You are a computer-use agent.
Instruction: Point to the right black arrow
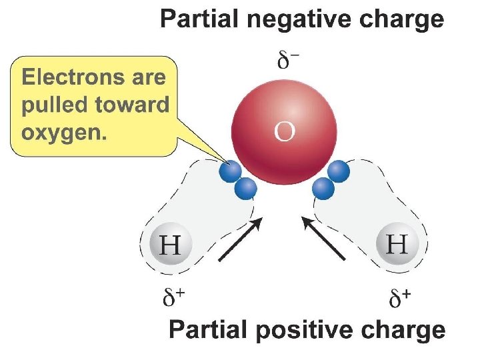pos(325,237)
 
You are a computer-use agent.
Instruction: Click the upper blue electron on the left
pos(231,173)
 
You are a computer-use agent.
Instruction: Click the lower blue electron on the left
pos(246,189)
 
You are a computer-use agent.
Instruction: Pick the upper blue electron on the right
pos(339,172)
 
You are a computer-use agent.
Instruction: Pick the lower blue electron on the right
pos(323,189)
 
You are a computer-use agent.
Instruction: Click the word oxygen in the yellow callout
pos(64,132)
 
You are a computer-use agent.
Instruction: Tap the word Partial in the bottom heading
pos(208,331)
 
